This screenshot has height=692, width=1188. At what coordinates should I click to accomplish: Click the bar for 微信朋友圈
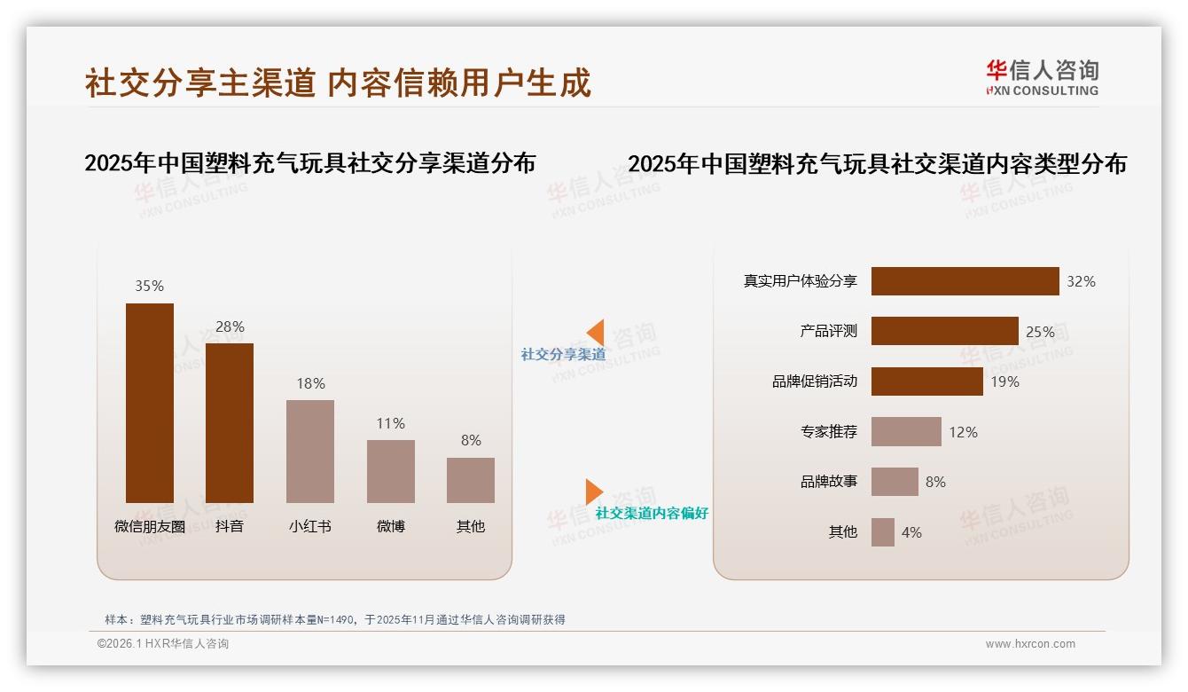[150, 403]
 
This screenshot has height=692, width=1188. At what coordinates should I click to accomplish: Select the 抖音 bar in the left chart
[230, 423]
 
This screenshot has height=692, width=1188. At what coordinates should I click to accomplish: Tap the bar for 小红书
[310, 452]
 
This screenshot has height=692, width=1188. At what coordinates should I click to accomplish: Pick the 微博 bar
[391, 471]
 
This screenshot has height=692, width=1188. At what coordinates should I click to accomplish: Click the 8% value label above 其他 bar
[471, 440]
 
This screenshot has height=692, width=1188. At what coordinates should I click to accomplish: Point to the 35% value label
[149, 286]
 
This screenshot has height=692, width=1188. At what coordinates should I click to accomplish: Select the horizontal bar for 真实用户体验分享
[965, 281]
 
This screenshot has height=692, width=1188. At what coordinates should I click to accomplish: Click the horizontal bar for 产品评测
[944, 331]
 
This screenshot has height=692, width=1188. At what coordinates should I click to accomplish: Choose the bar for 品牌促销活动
[926, 381]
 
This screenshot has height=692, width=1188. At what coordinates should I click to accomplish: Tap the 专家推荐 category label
[829, 432]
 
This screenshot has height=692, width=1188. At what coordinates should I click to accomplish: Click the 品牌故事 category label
[829, 482]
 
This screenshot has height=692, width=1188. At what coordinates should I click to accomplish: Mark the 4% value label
[911, 532]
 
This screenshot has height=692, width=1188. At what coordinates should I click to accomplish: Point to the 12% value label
[963, 432]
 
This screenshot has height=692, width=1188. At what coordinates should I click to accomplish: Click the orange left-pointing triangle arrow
[596, 333]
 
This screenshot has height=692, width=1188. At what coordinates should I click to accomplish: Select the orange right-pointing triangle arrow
[593, 491]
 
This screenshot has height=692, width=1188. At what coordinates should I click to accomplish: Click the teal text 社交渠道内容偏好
[652, 513]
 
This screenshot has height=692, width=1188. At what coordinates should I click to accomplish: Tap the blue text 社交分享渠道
[563, 354]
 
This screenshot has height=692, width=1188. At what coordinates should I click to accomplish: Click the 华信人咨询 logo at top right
[1042, 77]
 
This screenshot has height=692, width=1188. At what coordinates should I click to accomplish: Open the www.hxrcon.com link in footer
[1030, 644]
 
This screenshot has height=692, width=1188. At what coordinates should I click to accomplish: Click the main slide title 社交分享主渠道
[200, 83]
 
